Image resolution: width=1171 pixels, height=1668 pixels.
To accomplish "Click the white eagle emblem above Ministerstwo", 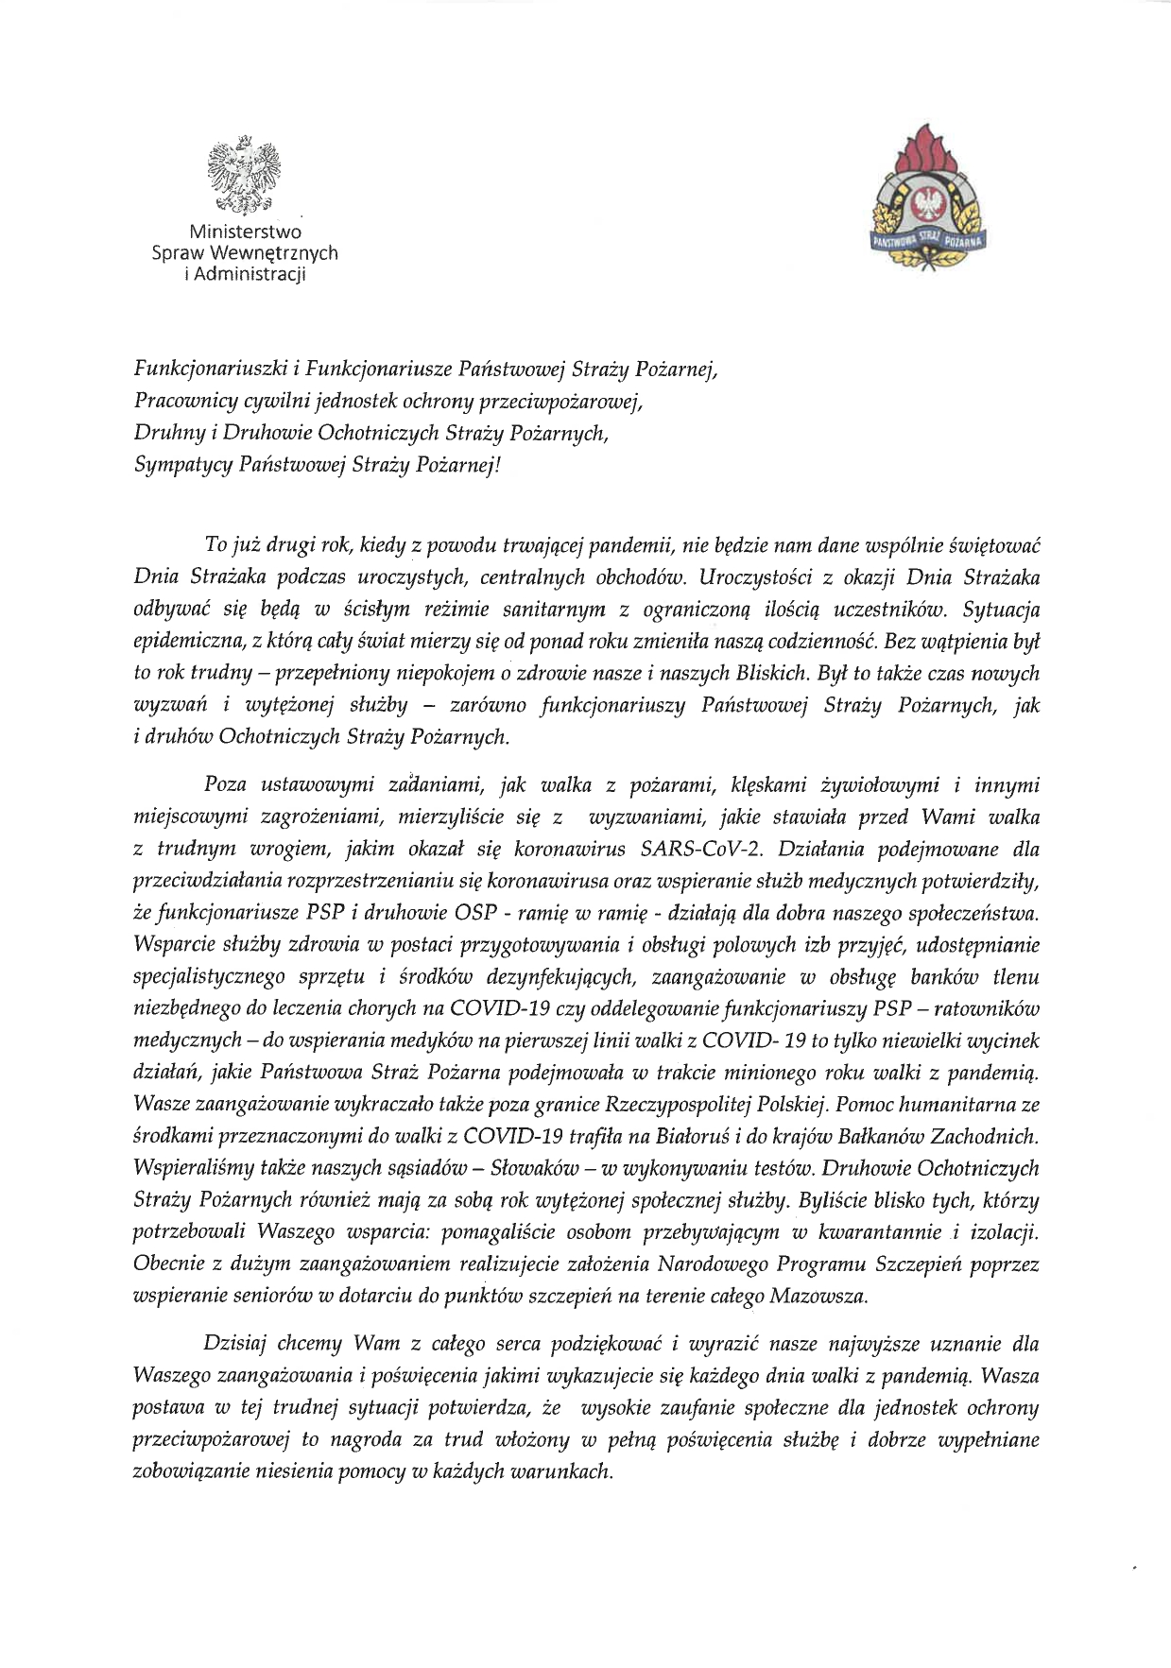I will (x=245, y=176).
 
